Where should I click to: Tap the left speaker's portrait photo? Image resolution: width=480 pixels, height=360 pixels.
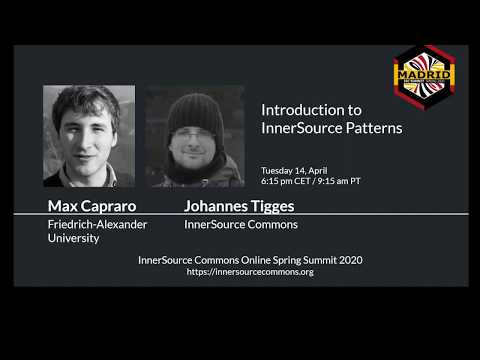coord(89,136)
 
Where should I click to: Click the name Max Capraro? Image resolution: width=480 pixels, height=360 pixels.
coord(91,206)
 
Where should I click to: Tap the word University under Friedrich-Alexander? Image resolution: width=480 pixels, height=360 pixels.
coord(74,240)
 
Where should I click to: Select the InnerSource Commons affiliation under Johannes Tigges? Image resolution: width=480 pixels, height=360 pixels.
coord(227,225)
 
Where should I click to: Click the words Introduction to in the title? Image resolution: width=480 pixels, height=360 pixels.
coord(297,109)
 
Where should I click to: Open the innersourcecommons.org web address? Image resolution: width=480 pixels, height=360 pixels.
coord(250,272)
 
